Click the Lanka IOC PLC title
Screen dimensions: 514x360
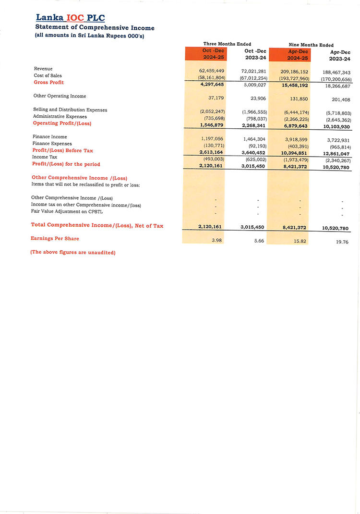pos(70,18)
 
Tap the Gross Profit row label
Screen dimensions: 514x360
pos(48,83)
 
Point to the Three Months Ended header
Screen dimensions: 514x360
pos(227,44)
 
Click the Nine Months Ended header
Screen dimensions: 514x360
pos(311,45)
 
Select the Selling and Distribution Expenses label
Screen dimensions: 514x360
pos(70,110)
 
